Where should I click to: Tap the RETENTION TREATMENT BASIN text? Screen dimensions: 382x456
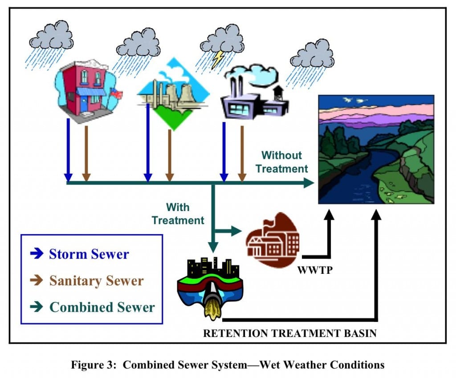point(289,333)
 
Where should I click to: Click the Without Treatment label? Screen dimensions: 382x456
point(281,162)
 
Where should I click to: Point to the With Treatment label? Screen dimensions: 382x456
point(178,214)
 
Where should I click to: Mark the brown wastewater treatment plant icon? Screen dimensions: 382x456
point(273,240)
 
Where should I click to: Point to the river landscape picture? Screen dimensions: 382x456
point(376,150)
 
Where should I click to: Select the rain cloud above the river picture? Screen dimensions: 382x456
point(312,56)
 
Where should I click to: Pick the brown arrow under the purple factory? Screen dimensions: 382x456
point(242,151)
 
